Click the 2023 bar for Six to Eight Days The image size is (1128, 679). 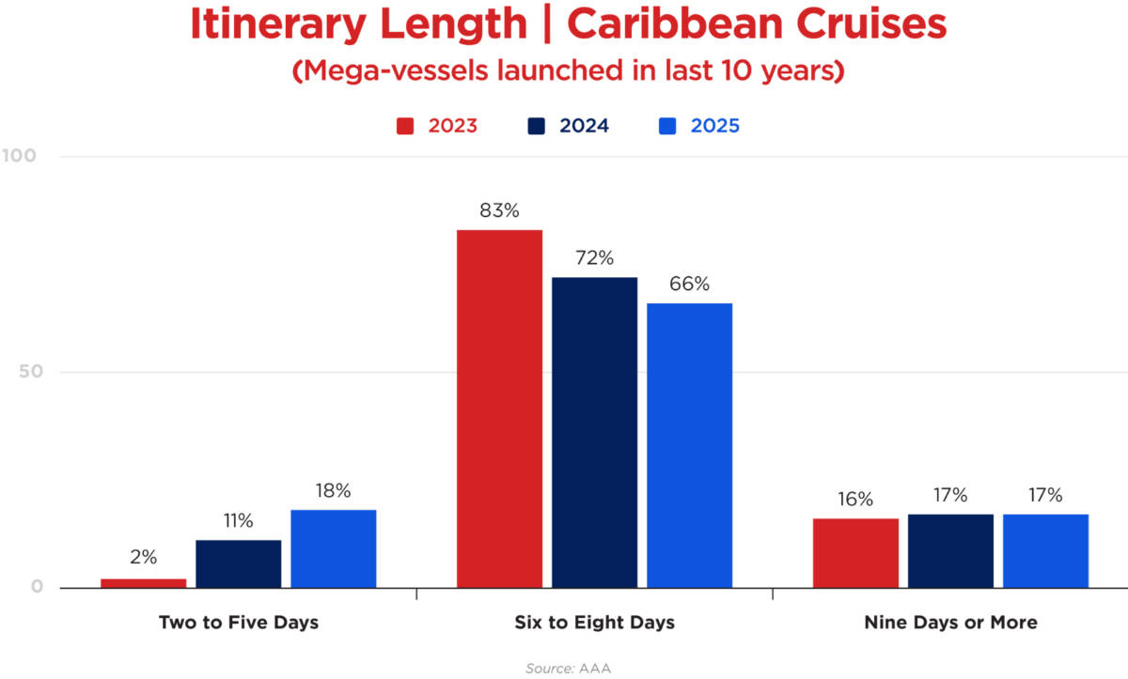[x=499, y=409]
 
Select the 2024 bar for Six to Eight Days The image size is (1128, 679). [x=594, y=432]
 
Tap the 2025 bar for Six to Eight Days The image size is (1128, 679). [x=689, y=445]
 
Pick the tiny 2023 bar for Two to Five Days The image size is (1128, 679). [x=143, y=583]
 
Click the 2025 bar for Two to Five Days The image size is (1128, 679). [x=333, y=548]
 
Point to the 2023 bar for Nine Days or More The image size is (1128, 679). [x=855, y=552]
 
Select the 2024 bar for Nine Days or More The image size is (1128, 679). [x=950, y=550]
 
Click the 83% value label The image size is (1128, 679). [x=499, y=211]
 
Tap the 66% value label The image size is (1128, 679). [x=689, y=285]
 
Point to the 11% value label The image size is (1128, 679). [x=238, y=521]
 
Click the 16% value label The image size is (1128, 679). [x=855, y=500]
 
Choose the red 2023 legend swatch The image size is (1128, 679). [x=406, y=126]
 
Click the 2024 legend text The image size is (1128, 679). [x=584, y=126]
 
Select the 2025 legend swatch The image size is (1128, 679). [x=668, y=126]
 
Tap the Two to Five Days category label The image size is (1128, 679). [x=238, y=623]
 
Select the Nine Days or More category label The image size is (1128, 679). [x=950, y=623]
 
